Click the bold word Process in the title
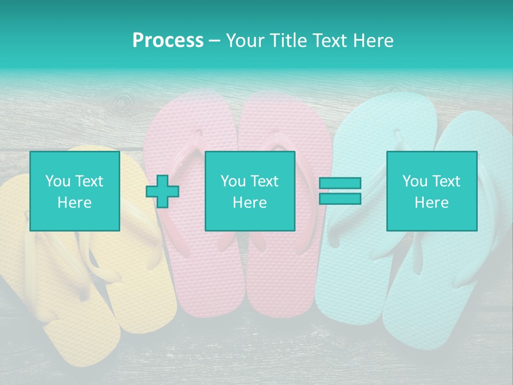click(x=168, y=41)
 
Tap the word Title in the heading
click(x=287, y=41)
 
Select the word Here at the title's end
click(x=374, y=41)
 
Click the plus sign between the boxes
click(x=162, y=191)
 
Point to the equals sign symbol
click(x=340, y=191)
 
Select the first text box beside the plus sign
click(x=75, y=191)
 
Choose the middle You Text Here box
click(x=250, y=191)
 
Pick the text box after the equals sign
click(x=432, y=191)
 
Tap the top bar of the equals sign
click(x=340, y=183)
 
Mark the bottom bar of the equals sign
click(x=340, y=198)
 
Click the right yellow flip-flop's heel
click(x=150, y=315)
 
